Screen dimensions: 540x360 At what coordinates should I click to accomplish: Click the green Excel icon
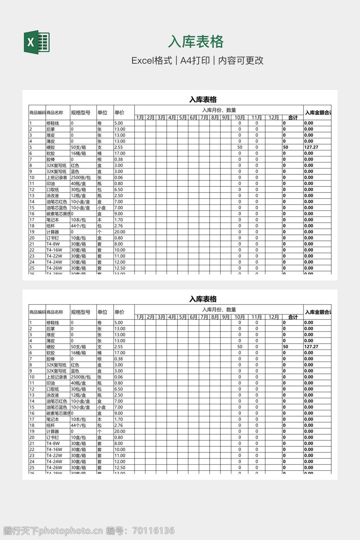[x=37, y=42]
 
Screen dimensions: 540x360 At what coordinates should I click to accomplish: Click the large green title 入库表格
[x=195, y=42]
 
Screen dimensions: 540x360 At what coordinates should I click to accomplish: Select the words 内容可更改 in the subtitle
[x=241, y=60]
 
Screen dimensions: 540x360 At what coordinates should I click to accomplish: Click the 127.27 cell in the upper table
[x=311, y=147]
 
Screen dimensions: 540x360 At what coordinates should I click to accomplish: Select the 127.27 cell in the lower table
[x=311, y=347]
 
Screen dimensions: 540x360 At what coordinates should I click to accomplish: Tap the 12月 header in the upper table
[x=274, y=118]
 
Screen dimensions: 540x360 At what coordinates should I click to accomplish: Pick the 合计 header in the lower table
[x=293, y=317]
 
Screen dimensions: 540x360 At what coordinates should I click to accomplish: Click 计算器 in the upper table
[x=53, y=232]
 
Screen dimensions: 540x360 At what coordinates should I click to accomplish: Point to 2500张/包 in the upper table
[x=81, y=178]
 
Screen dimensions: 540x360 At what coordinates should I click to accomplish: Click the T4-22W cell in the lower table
[x=54, y=456]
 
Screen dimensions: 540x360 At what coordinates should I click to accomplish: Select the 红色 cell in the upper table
[x=75, y=166]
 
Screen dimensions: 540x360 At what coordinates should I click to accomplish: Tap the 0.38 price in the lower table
[x=118, y=359]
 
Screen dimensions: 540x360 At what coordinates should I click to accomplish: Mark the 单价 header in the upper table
[x=120, y=113]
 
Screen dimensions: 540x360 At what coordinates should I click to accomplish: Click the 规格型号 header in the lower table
[x=81, y=312]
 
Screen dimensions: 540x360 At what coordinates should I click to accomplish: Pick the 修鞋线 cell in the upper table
[x=53, y=123]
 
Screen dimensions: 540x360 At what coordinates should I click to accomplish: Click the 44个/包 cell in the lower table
[x=78, y=425]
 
